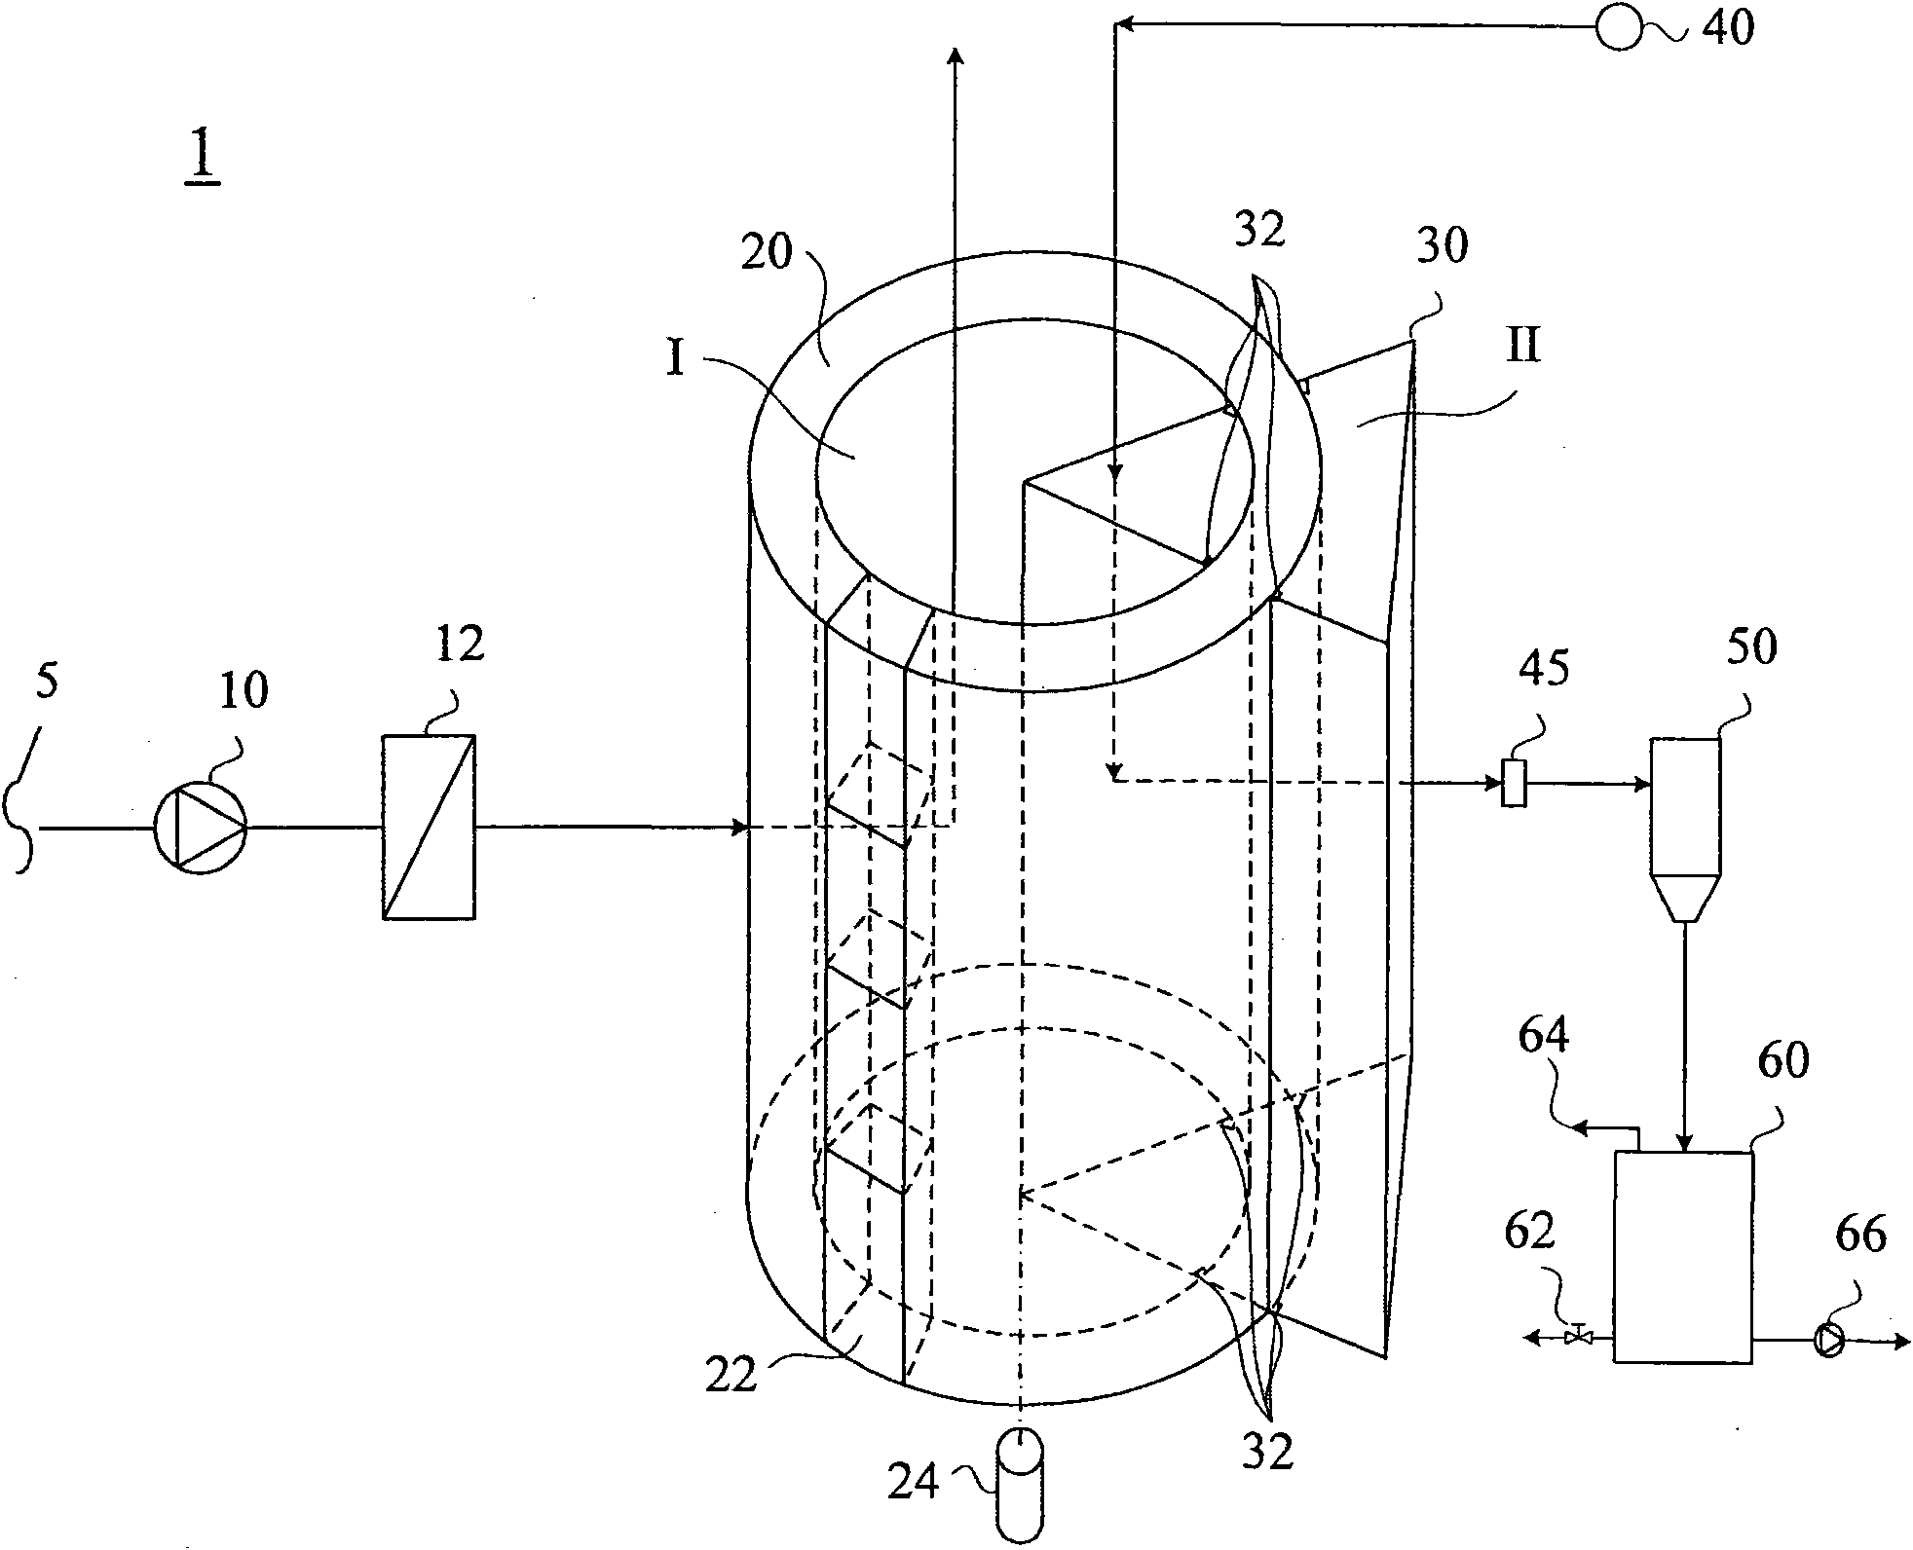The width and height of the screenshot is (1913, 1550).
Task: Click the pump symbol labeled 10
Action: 201,828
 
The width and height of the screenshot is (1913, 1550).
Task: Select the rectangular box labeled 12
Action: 429,827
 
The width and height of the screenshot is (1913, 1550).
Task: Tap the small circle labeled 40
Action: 1618,27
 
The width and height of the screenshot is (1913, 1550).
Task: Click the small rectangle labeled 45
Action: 1514,783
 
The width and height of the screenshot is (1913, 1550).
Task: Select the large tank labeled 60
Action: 1683,1256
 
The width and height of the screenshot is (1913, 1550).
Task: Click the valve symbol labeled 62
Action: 1578,1337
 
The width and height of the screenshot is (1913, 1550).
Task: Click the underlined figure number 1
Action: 204,160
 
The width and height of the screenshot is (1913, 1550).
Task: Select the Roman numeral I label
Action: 677,359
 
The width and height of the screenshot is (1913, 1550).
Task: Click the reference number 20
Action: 769,252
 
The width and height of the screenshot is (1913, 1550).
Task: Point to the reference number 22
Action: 731,1376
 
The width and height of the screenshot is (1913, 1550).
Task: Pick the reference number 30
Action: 1442,247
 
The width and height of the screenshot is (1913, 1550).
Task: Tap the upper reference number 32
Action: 1260,230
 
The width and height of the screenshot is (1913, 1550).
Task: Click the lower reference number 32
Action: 1266,1453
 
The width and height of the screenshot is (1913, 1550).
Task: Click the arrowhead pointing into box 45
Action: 1494,782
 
